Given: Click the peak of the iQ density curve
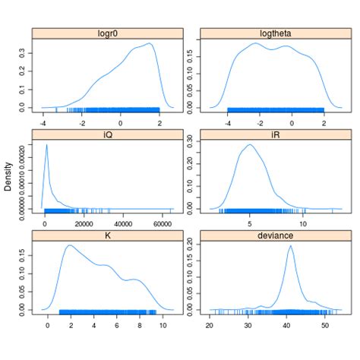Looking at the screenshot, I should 47,145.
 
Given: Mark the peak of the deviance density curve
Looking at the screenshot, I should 291,245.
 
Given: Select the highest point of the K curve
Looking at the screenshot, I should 70,245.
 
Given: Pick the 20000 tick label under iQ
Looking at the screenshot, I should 84,224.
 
